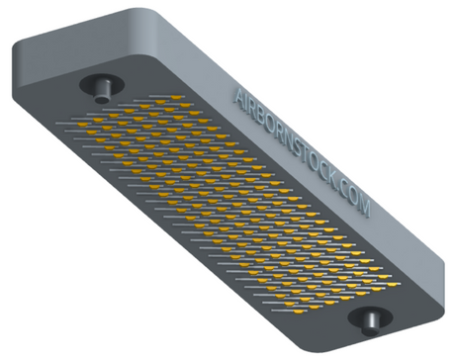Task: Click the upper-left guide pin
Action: pyautogui.click(x=103, y=90)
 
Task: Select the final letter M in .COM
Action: pyautogui.click(x=364, y=208)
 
